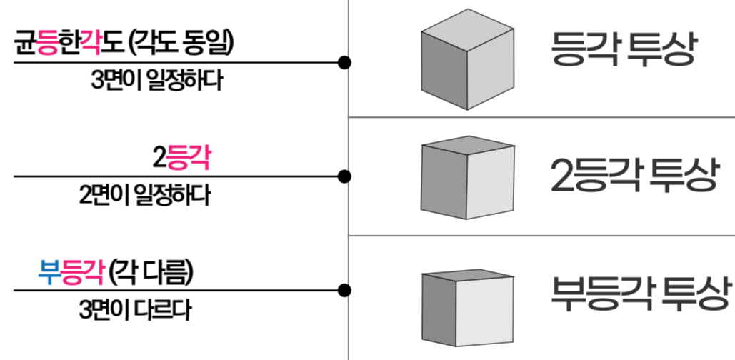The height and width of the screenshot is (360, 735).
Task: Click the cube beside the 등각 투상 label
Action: (x=466, y=60)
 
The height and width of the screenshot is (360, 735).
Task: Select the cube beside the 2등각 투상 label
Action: (x=467, y=178)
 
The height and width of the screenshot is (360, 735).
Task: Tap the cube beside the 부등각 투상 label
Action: (x=468, y=306)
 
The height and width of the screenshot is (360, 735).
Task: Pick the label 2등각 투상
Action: (x=633, y=174)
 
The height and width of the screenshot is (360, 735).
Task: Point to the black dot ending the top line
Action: (x=344, y=63)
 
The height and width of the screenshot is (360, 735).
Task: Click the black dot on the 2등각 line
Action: (x=344, y=176)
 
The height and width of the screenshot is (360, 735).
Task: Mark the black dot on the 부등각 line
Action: (x=344, y=290)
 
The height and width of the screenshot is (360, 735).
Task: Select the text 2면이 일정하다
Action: (x=145, y=195)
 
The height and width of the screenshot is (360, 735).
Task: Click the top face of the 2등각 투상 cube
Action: (x=467, y=145)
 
